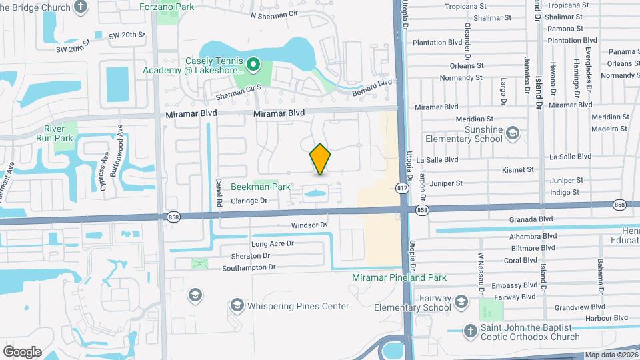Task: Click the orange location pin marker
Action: [320, 159]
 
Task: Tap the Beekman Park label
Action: [261, 187]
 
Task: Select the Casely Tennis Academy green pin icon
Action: [253, 65]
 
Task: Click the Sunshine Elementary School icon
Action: [512, 134]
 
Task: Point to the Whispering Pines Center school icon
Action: [237, 306]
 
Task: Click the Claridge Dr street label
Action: [249, 201]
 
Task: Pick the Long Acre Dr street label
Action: [272, 244]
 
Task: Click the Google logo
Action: [21, 351]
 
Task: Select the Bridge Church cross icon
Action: [81, 6]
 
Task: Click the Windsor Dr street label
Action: [310, 225]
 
